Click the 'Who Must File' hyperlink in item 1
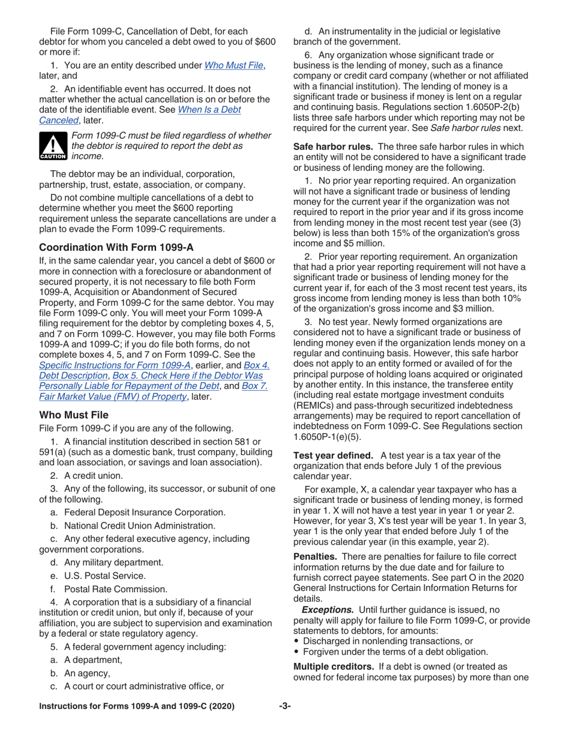click(x=235, y=65)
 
